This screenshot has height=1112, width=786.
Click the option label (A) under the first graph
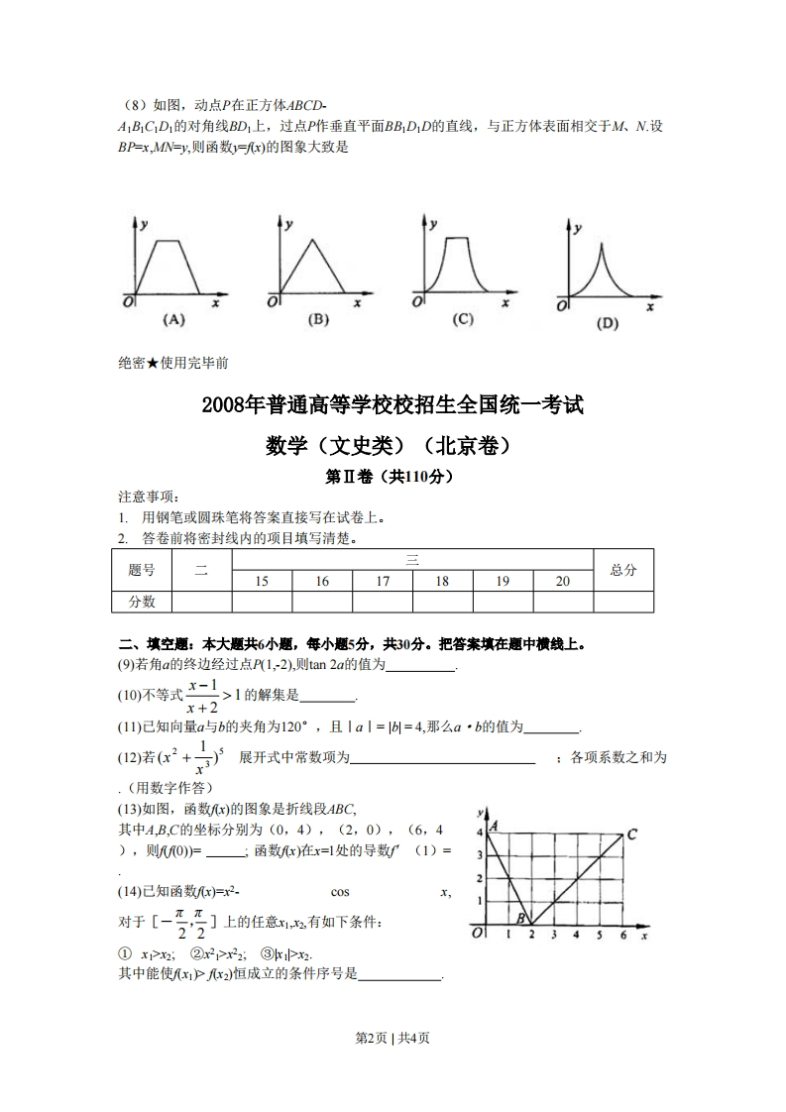[x=173, y=319]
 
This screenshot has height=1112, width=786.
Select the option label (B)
[x=318, y=319]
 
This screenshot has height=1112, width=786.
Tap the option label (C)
[x=462, y=319]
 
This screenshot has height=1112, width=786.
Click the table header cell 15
[x=262, y=582]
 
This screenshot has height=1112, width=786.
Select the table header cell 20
[x=562, y=582]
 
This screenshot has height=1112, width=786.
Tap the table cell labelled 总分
[x=623, y=570]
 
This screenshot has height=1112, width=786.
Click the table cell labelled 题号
[x=142, y=570]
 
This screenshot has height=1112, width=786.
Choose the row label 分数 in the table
[x=142, y=602]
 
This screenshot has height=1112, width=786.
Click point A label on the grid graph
[x=493, y=825]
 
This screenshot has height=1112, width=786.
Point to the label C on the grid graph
[x=631, y=834]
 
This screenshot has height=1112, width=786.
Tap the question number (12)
[x=133, y=758]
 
